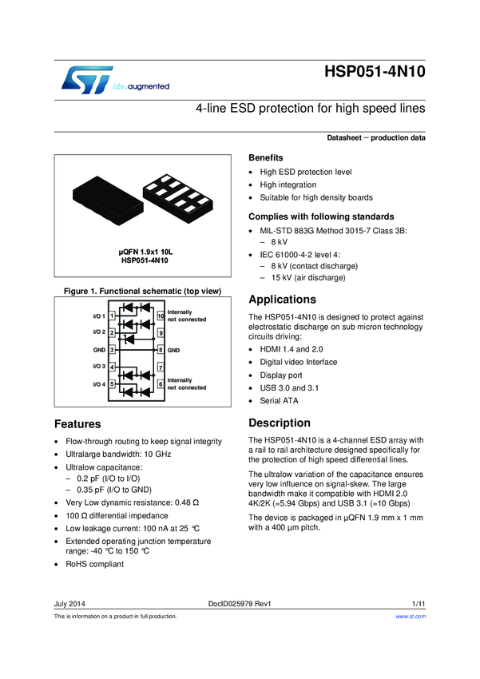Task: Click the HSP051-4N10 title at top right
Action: click(x=375, y=72)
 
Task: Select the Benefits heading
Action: click(x=266, y=157)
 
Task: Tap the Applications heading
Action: click(x=283, y=300)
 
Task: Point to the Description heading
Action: click(x=280, y=423)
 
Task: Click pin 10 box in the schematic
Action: click(x=161, y=316)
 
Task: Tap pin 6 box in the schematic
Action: click(x=161, y=384)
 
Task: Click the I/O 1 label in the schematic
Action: click(x=99, y=317)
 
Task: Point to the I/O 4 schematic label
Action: click(x=99, y=384)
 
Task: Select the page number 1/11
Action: click(x=419, y=603)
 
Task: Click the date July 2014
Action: click(x=69, y=603)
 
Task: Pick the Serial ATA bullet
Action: click(x=279, y=400)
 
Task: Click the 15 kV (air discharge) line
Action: click(x=307, y=278)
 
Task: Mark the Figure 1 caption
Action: click(x=137, y=291)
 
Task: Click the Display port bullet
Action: click(x=282, y=375)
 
